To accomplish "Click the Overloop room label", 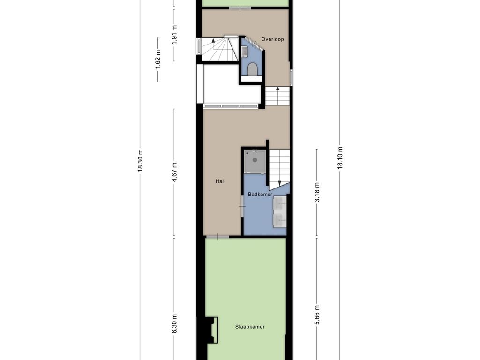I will [x=272, y=40].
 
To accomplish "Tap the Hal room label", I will [x=219, y=181].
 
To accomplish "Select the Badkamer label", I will [x=260, y=194].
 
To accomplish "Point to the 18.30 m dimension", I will [x=140, y=161].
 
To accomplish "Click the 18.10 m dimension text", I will [x=340, y=157].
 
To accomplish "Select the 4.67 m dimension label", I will [x=174, y=172].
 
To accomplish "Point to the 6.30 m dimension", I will [x=174, y=323].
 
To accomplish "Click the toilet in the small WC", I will [x=253, y=70].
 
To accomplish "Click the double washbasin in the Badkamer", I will [x=280, y=210].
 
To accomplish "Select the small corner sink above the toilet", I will [x=245, y=52].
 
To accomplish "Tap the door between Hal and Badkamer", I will [x=242, y=206].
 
